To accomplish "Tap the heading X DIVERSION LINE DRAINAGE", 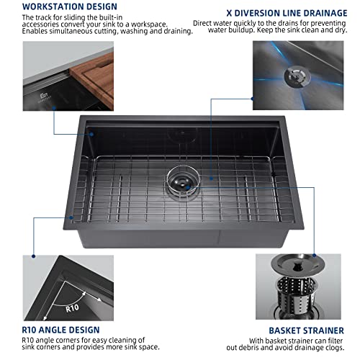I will [x=276, y=12].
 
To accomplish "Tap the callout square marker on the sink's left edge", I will [x=73, y=216].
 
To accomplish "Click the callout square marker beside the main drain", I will [x=211, y=176].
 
